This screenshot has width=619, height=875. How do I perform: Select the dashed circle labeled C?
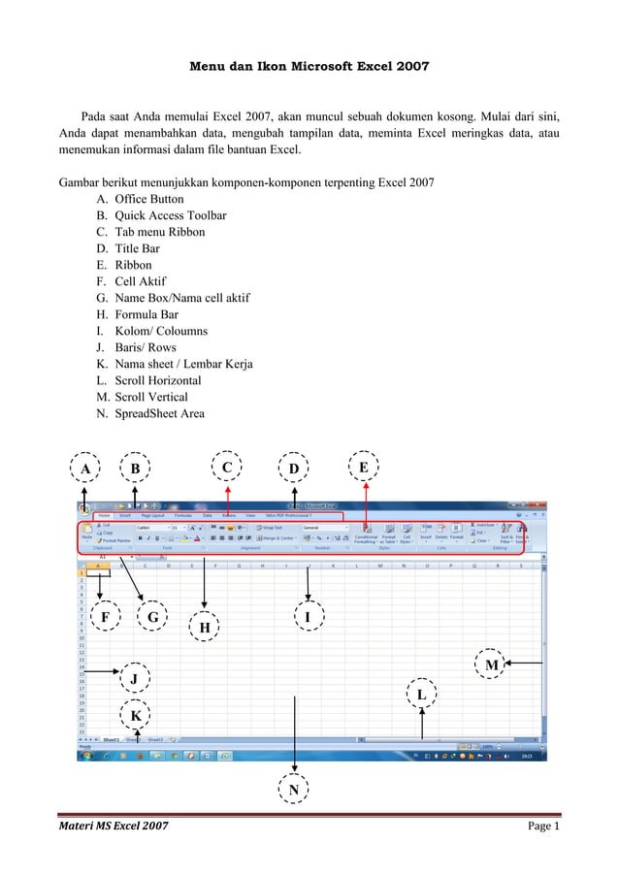(227, 469)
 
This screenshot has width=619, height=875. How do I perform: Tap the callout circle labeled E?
(365, 468)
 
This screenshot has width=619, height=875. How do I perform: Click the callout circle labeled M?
(492, 664)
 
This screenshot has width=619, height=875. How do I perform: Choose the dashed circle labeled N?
(293, 792)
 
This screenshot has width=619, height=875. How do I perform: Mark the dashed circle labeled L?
(421, 695)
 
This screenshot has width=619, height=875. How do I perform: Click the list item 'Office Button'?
(148, 199)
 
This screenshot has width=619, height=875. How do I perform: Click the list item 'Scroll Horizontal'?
(157, 380)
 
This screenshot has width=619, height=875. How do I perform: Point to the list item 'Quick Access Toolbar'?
(171, 215)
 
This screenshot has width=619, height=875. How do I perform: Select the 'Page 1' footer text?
(544, 826)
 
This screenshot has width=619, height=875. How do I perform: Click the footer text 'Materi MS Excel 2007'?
(114, 826)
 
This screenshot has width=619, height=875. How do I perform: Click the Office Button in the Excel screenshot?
(86, 506)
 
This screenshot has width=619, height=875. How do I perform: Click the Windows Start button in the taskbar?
(85, 754)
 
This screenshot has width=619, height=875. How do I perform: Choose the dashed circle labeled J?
(134, 675)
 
